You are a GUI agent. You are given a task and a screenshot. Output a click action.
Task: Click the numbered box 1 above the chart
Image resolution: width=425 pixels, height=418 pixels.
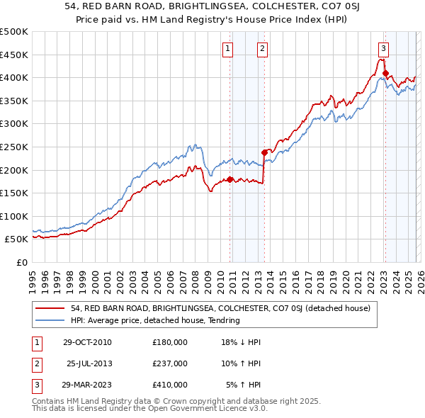coord(227,49)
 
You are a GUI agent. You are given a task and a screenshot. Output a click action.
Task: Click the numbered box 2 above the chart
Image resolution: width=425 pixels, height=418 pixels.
coord(262,49)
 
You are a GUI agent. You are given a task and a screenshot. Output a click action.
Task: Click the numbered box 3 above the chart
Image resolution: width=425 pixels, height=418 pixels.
coord(383,49)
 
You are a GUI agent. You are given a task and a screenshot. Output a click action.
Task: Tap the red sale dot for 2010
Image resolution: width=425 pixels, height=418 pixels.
coord(230,179)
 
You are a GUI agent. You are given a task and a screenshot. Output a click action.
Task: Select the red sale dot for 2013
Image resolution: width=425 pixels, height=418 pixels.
coord(264,152)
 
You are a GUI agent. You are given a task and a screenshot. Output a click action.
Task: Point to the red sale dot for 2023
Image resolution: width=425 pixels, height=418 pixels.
coord(385,73)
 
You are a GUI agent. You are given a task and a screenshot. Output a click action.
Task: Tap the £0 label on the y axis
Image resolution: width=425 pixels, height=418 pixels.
coord(21,262)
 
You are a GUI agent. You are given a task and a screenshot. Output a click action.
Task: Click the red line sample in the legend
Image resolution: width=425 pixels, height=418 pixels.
coord(50,308)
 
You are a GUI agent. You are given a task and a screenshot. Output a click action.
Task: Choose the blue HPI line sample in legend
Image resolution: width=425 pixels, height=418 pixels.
coord(50,320)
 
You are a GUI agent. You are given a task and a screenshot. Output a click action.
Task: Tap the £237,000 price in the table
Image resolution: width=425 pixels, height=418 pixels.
coord(170,363)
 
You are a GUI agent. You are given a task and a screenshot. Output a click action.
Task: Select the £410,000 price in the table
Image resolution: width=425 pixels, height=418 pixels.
coord(170,385)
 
